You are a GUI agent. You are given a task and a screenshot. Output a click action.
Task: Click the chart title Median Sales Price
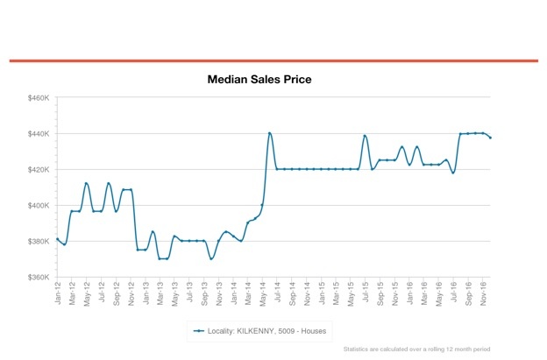click(x=259, y=80)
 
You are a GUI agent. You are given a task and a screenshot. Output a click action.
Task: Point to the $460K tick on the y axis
click(x=38, y=98)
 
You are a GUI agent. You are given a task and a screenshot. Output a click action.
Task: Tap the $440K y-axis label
click(x=38, y=134)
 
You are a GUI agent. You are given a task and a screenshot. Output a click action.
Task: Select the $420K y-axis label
click(x=38, y=169)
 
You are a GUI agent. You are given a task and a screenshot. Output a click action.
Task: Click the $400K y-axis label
click(x=38, y=205)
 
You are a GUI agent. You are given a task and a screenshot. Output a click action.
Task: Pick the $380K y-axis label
click(x=38, y=241)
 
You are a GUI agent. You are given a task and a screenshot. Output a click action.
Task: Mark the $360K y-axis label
click(x=38, y=277)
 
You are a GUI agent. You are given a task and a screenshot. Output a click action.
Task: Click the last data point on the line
click(x=490, y=138)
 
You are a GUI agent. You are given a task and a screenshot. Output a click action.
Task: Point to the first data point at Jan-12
click(x=57, y=239)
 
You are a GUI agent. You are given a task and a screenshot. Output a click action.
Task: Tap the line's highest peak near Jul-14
click(x=269, y=133)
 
